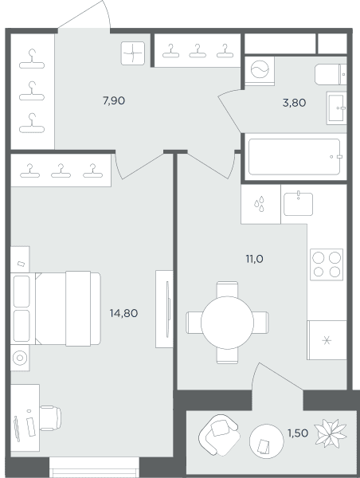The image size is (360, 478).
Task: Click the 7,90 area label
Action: (114, 100)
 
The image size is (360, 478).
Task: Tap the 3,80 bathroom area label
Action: (294, 103)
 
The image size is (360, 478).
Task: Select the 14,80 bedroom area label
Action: (123, 313)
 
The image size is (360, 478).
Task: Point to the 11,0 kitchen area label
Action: (255, 259)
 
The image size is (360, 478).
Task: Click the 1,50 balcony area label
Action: (298, 433)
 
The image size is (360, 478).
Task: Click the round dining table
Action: (228, 323)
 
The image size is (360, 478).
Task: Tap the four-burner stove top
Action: (327, 264)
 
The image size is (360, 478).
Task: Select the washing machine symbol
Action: (260, 71)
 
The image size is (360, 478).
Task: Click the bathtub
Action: (294, 157)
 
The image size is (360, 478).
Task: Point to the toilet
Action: (331, 74)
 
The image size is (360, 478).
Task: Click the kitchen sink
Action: (298, 204)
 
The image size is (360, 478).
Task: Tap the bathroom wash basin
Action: (337, 108)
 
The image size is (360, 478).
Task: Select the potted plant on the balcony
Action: (331, 433)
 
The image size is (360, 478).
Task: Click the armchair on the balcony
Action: (219, 435)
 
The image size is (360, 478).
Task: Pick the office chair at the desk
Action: (51, 418)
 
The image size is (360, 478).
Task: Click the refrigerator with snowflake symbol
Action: (327, 340)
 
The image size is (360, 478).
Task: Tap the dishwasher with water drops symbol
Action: (260, 204)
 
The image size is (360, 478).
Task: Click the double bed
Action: (56, 308)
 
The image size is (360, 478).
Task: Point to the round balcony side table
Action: (267, 441)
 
